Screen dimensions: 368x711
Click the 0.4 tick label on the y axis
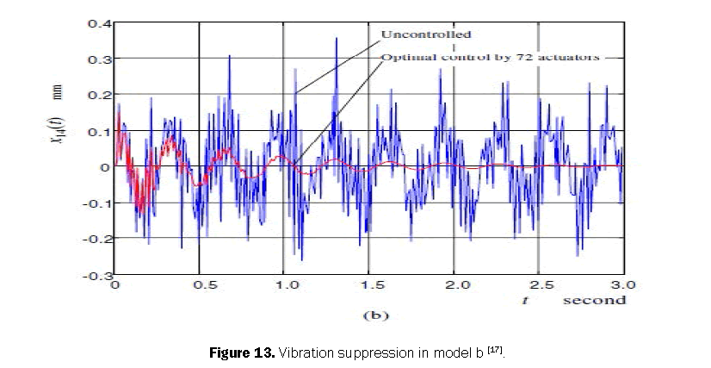[96, 22]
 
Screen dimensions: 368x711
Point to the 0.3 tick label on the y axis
[96, 59]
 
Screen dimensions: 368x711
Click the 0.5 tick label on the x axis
[201, 285]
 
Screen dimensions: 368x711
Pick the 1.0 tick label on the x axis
[284, 285]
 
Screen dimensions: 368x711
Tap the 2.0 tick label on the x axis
[454, 285]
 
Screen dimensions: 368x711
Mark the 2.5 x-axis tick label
[539, 285]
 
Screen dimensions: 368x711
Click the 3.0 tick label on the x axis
[623, 285]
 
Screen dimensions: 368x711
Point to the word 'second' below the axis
[595, 300]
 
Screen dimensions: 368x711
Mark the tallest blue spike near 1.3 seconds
[337, 40]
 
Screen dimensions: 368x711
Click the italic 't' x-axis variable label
[523, 300]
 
